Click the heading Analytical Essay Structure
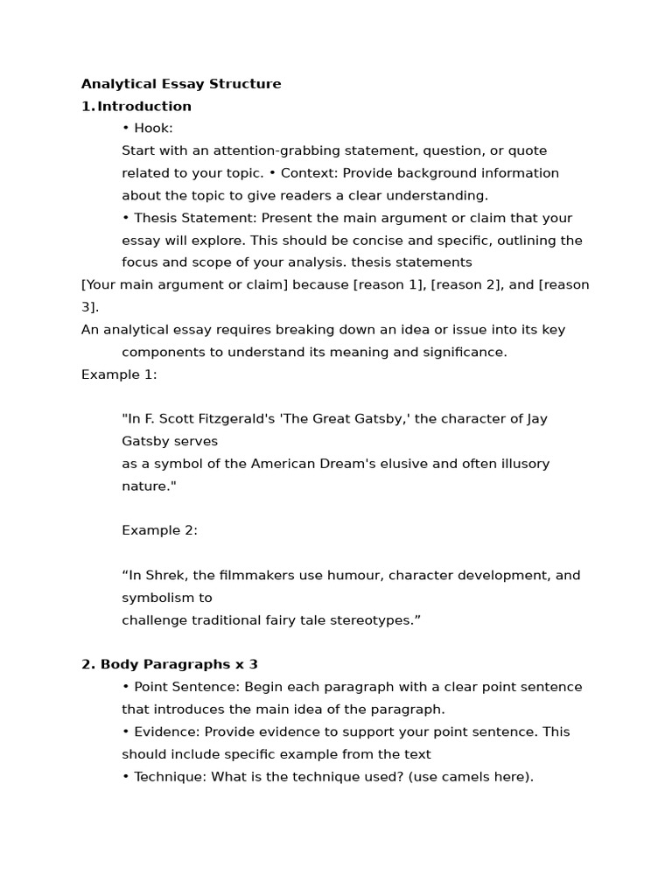tap(181, 84)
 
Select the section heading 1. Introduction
tap(136, 107)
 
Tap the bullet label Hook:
tap(153, 129)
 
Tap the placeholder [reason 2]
tap(468, 285)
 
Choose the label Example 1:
tap(119, 374)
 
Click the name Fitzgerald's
tap(224, 419)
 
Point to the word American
tap(283, 464)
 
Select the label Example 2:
tap(159, 530)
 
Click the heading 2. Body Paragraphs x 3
tap(170, 665)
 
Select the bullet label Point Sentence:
tap(185, 687)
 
